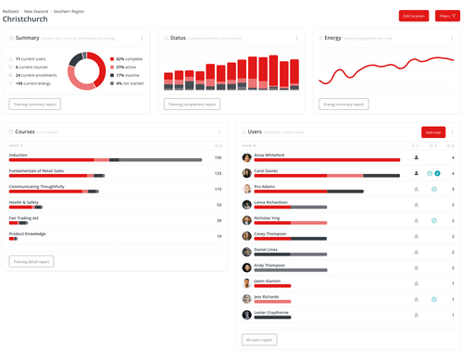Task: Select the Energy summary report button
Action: pos(346,105)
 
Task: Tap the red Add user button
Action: pos(432,133)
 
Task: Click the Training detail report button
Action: pos(32,262)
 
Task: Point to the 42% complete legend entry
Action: pos(127,59)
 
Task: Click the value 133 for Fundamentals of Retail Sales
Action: pos(218,173)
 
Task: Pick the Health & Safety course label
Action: pos(24,203)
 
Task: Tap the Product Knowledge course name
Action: pos(28,234)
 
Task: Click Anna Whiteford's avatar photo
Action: pos(247,157)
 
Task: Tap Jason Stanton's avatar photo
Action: pos(247,281)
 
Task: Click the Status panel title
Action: pos(178,38)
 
